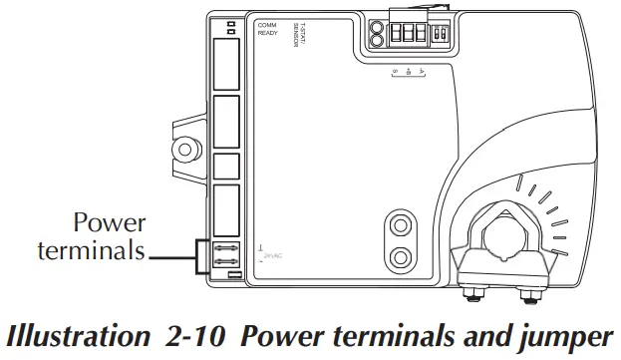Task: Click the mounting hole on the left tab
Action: (x=182, y=148)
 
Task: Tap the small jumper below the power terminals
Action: (x=232, y=273)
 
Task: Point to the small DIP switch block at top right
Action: (x=442, y=31)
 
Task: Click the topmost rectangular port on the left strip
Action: (x=227, y=64)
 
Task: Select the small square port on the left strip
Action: (x=226, y=167)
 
